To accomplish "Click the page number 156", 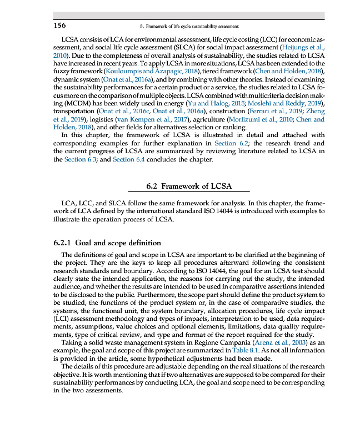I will pyautogui.click(x=59, y=26).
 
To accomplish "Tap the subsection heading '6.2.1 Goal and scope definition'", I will pyautogui.click(x=107, y=243).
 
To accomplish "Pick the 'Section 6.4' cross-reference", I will pyautogui.click(x=131, y=159).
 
